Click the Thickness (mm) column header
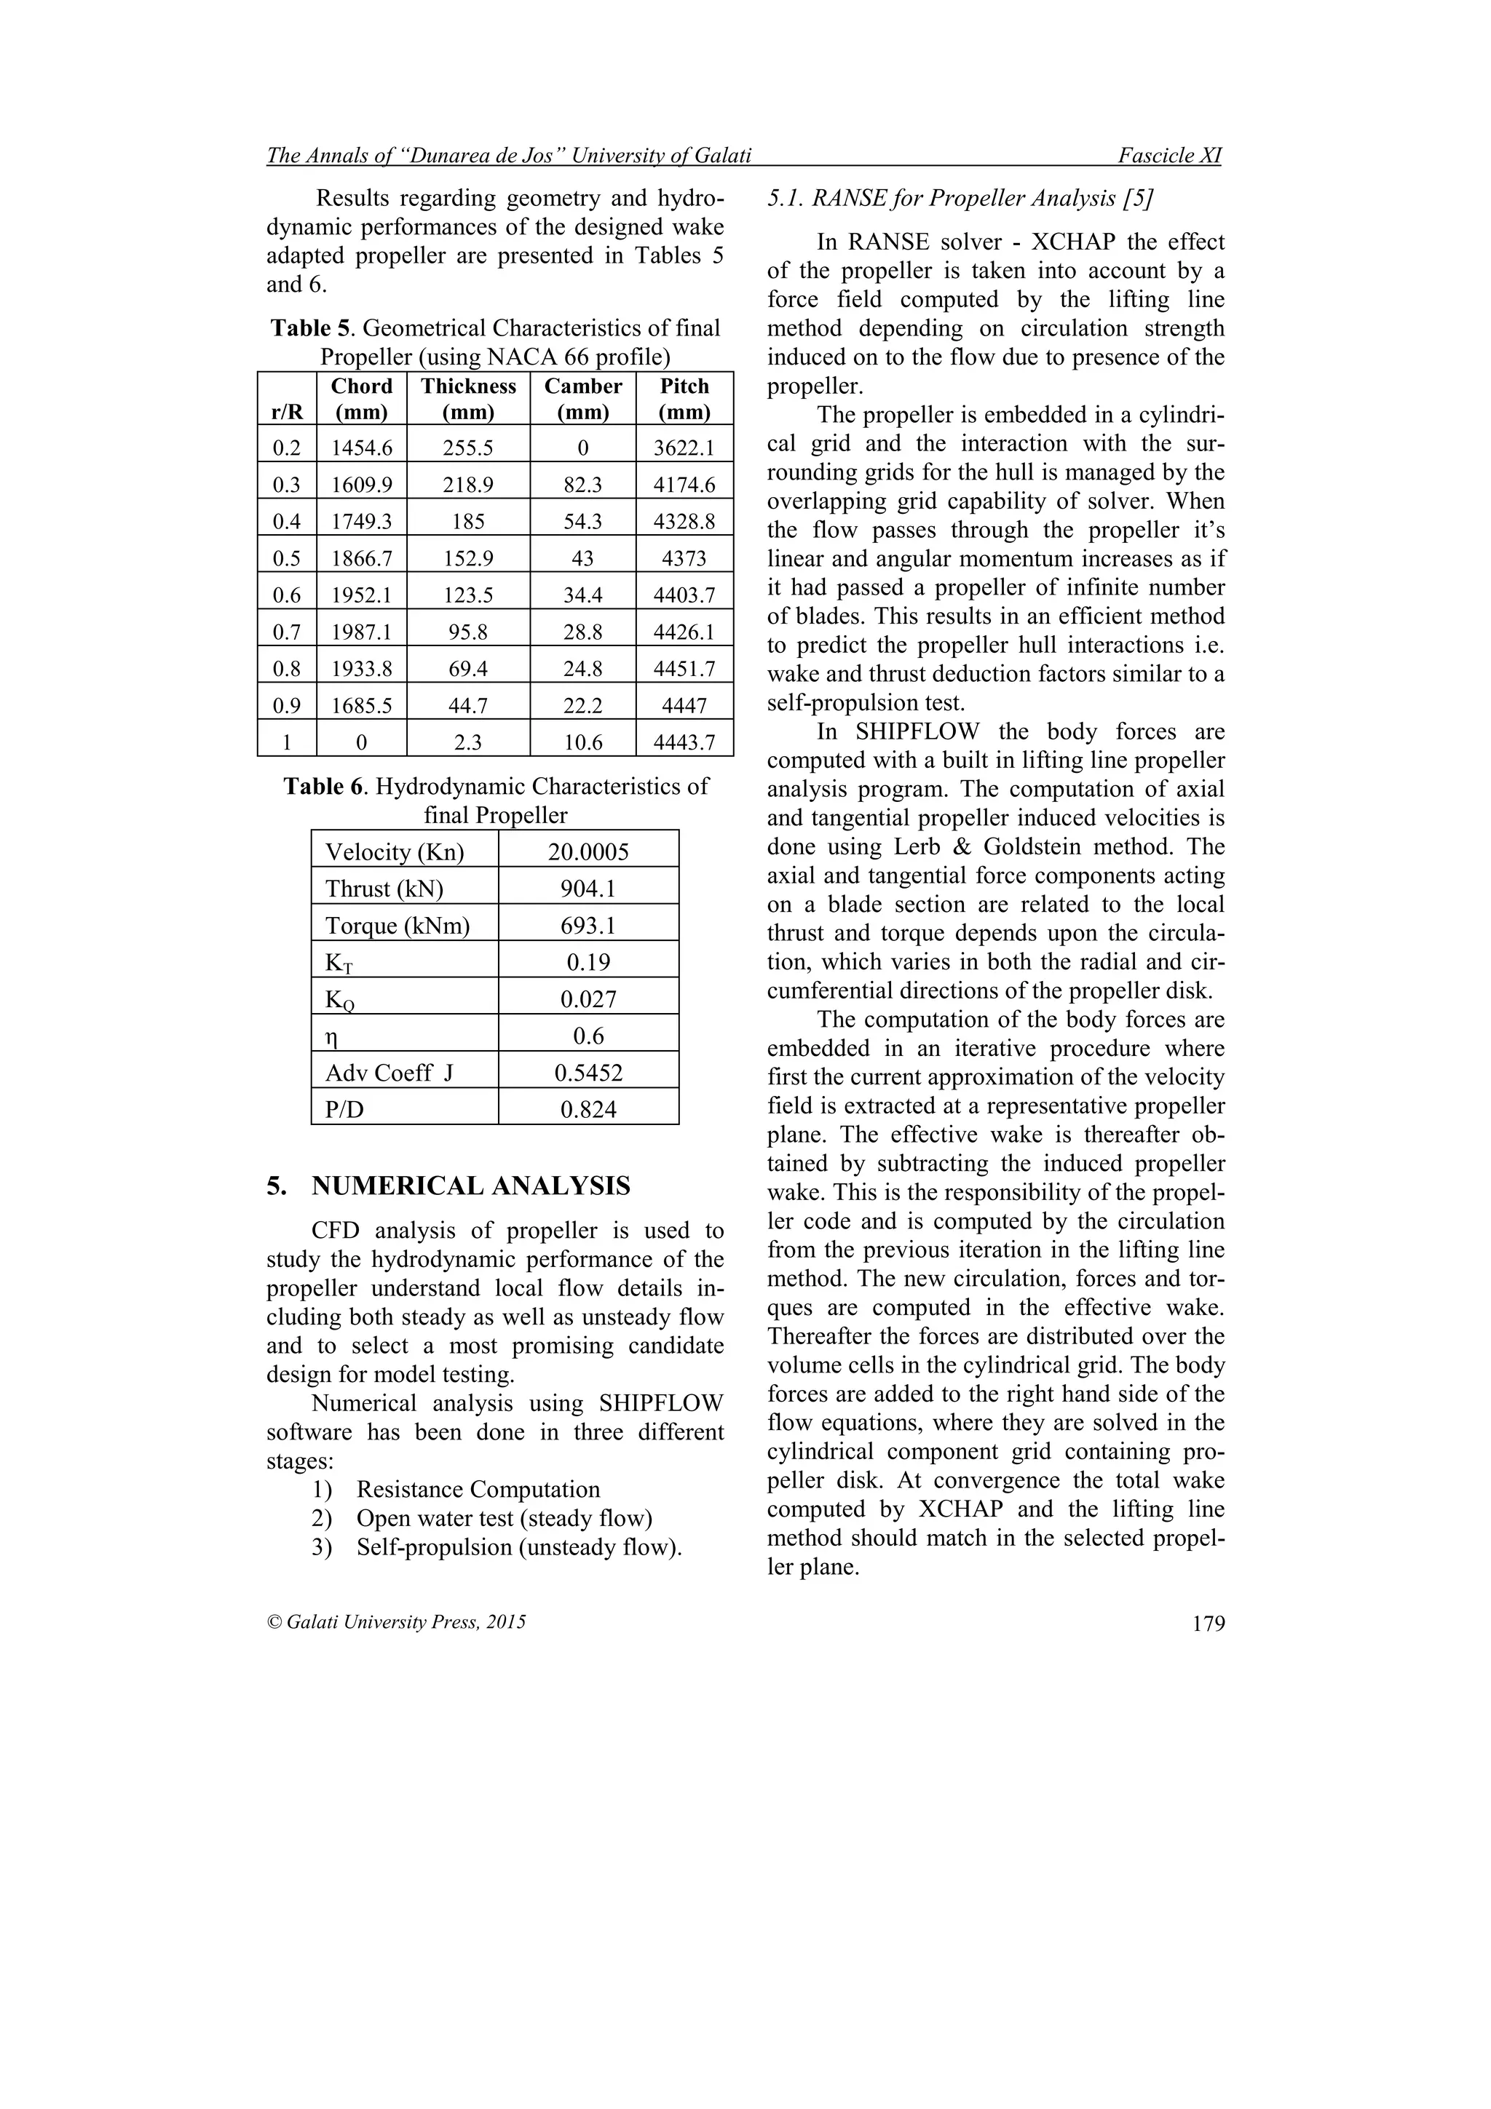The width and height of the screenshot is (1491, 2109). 469,399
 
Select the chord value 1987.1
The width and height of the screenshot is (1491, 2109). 362,632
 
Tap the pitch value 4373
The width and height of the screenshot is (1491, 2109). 684,558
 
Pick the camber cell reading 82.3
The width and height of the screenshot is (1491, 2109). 582,485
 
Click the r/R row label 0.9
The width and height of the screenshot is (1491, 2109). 287,705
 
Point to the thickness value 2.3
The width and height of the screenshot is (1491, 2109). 469,742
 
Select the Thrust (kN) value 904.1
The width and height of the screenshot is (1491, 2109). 588,889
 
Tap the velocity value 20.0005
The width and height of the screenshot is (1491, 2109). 588,852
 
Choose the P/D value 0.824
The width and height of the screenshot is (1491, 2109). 588,1110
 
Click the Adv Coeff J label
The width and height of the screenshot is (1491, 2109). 389,1073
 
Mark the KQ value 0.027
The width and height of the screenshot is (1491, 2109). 588,999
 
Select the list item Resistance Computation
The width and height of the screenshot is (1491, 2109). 478,1489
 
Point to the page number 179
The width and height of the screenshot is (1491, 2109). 1208,1624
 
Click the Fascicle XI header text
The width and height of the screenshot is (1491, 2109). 1169,156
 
